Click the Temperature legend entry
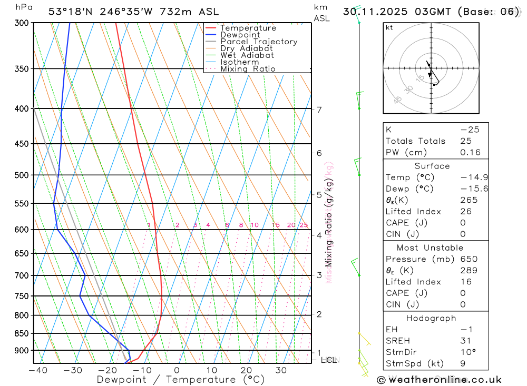click(248, 28)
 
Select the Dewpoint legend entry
click(240, 35)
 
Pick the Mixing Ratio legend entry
click(248, 68)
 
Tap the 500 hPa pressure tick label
click(21, 175)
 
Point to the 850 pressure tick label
click(21, 333)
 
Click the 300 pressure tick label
click(21, 23)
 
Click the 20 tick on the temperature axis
click(246, 370)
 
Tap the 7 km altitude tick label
click(319, 110)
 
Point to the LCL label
click(328, 360)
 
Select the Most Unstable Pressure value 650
click(469, 259)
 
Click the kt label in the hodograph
click(389, 27)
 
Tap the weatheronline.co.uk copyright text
click(439, 380)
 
